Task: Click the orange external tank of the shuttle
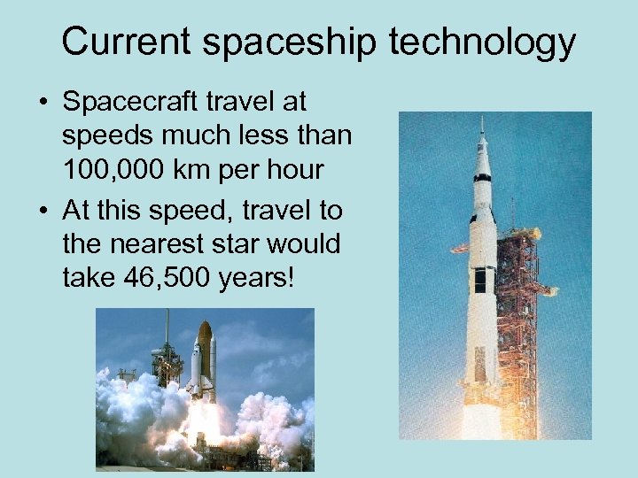tap(204, 354)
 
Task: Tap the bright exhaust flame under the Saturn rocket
tap(483, 421)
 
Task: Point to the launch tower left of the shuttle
tap(167, 354)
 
